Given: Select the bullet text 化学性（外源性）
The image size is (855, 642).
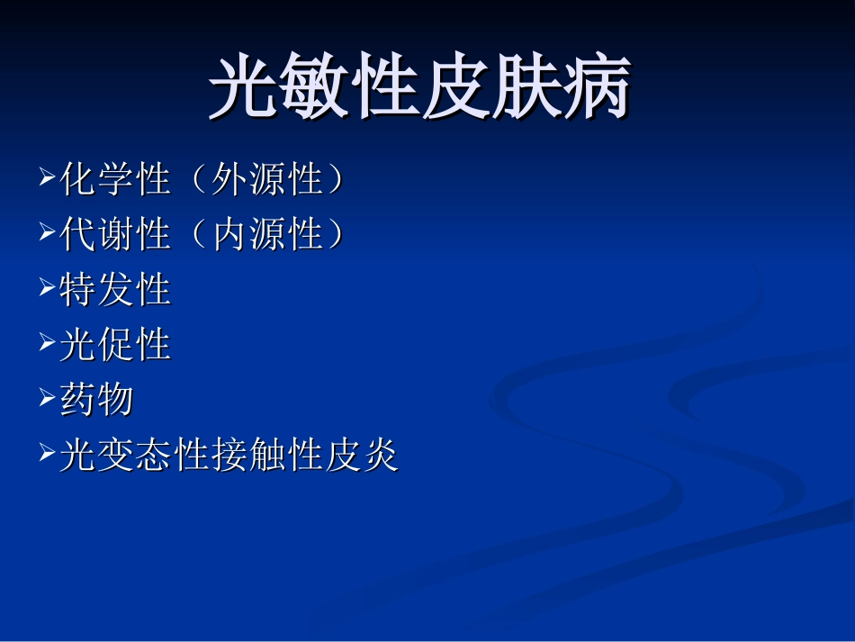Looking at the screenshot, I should pyautogui.click(x=202, y=181).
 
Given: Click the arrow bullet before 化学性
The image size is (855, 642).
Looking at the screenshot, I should pyautogui.click(x=48, y=180).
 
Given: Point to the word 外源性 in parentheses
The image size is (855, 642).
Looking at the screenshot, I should pyautogui.click(x=266, y=181).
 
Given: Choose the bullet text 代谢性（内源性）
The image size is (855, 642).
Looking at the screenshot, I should pyautogui.click(x=202, y=236).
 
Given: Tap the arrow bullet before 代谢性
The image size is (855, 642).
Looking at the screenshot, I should pyautogui.click(x=48, y=235).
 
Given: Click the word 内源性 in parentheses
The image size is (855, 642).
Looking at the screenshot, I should pyautogui.click(x=266, y=236).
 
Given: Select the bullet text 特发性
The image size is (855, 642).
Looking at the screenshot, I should pyautogui.click(x=115, y=291).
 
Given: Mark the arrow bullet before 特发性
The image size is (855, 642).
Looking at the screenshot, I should pyautogui.click(x=48, y=290).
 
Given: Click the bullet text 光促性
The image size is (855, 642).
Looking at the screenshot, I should pyautogui.click(x=115, y=346).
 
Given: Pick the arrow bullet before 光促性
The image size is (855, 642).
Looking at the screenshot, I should pyautogui.click(x=48, y=345).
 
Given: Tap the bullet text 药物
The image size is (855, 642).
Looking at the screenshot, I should pyautogui.click(x=96, y=401).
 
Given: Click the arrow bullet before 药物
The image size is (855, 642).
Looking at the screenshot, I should pyautogui.click(x=48, y=400).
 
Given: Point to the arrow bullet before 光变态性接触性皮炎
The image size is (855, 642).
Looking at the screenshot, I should pyautogui.click(x=48, y=456).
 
